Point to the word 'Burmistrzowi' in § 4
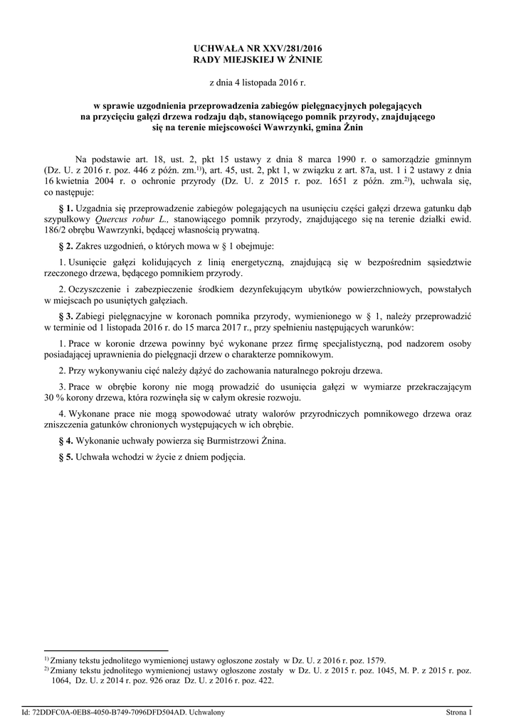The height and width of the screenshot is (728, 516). tap(216, 441)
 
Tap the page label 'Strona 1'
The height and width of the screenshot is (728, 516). tap(459, 712)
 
